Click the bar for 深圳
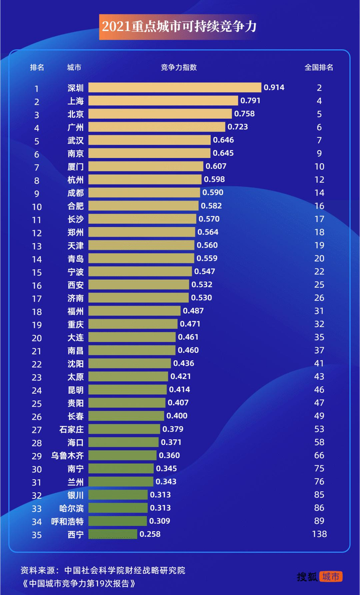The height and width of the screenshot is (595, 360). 175,87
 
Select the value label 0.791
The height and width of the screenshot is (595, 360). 250,101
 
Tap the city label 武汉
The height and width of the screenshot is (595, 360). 76,140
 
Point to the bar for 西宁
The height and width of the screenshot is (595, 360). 113,534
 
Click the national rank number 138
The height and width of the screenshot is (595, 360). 319,534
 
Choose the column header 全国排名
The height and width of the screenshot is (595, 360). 319,67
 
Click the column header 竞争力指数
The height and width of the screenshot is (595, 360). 178,67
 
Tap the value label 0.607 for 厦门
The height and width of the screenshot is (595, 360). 215,166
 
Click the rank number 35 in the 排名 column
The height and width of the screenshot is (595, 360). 37,535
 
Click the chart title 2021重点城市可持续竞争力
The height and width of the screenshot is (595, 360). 178,27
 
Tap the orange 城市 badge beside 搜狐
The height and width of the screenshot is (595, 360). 331,576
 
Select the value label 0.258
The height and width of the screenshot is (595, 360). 150,534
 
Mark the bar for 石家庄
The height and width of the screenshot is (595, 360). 124,429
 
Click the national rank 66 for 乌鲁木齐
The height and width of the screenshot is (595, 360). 319,456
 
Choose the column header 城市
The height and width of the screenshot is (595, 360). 74,67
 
